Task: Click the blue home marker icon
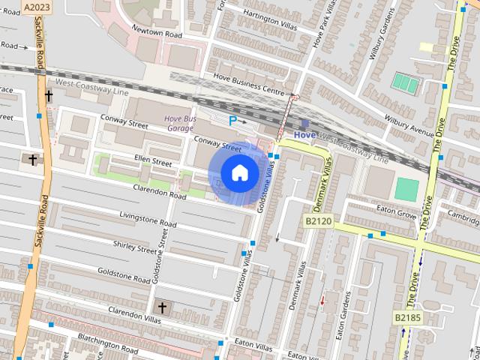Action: coord(239,172)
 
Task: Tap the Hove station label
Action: coord(304,134)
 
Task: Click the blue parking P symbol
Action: coord(233,120)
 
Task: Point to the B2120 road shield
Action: coord(318,222)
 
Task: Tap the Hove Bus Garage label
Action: coord(180,123)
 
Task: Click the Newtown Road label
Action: coord(157,33)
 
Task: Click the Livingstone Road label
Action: coord(148,219)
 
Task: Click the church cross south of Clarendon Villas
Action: coord(161,307)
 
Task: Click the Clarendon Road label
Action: coord(157,194)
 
